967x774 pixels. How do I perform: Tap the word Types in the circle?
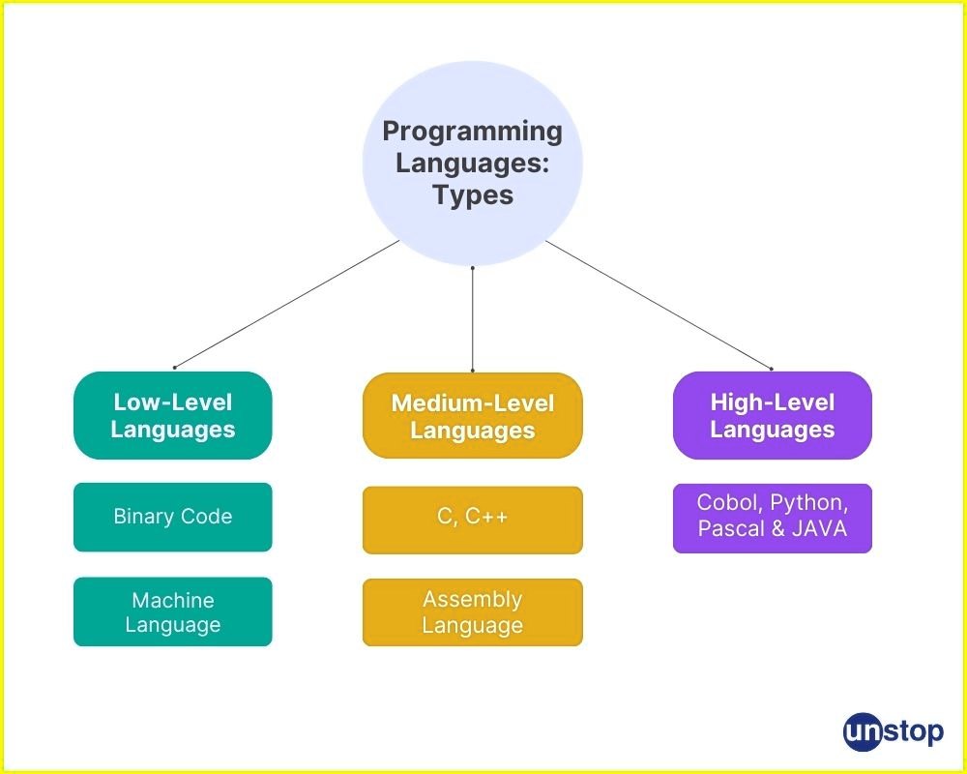click(473, 194)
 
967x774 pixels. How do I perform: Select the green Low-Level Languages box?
click(173, 415)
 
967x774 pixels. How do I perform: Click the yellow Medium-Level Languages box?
click(473, 416)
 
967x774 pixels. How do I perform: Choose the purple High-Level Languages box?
click(772, 415)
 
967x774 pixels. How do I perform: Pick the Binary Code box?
click(173, 517)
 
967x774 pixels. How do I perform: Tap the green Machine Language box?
click(173, 611)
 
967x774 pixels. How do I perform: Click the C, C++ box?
click(473, 520)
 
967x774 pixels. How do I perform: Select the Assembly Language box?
click(473, 611)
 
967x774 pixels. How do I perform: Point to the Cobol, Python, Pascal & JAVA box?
click(772, 518)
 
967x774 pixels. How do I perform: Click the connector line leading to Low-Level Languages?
click(286, 304)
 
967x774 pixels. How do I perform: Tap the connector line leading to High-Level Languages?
click(659, 304)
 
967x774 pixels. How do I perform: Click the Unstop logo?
click(893, 731)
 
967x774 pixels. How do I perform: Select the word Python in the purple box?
click(809, 504)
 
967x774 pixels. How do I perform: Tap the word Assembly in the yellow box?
click(473, 600)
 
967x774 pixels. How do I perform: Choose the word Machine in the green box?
click(173, 601)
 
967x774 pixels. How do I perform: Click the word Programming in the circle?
click(472, 132)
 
